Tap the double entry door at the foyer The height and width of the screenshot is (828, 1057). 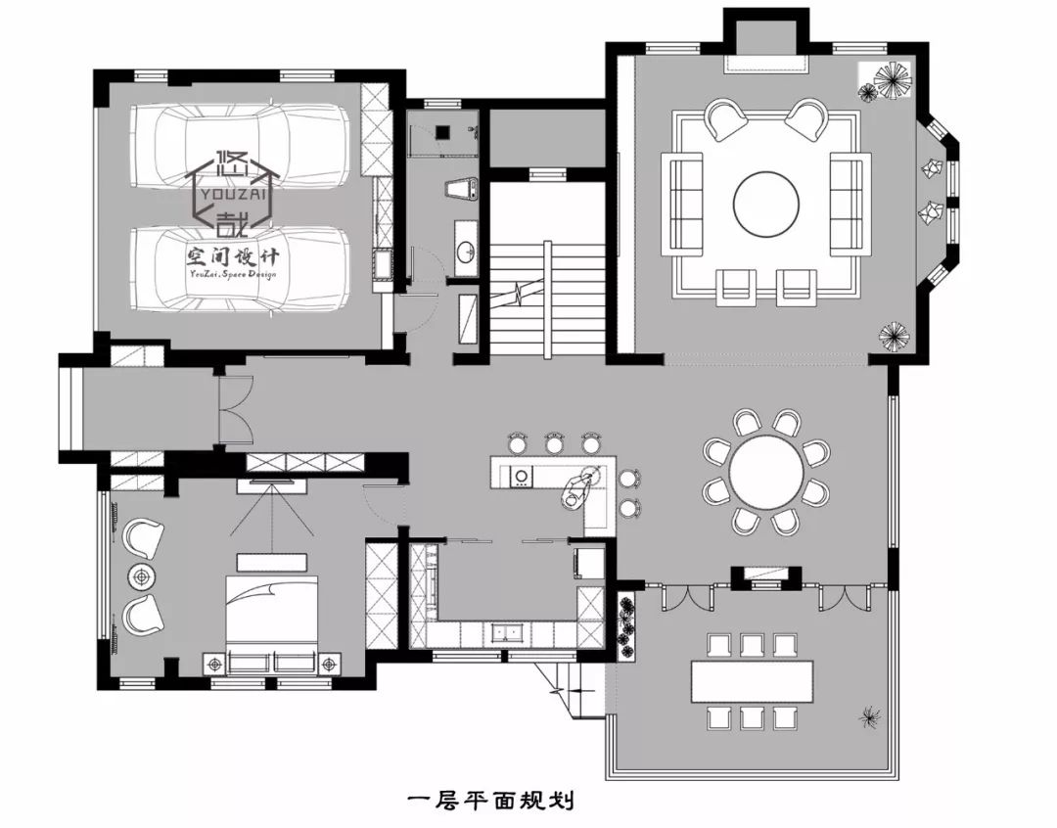(x=235, y=408)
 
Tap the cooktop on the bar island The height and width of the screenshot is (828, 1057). (x=522, y=477)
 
